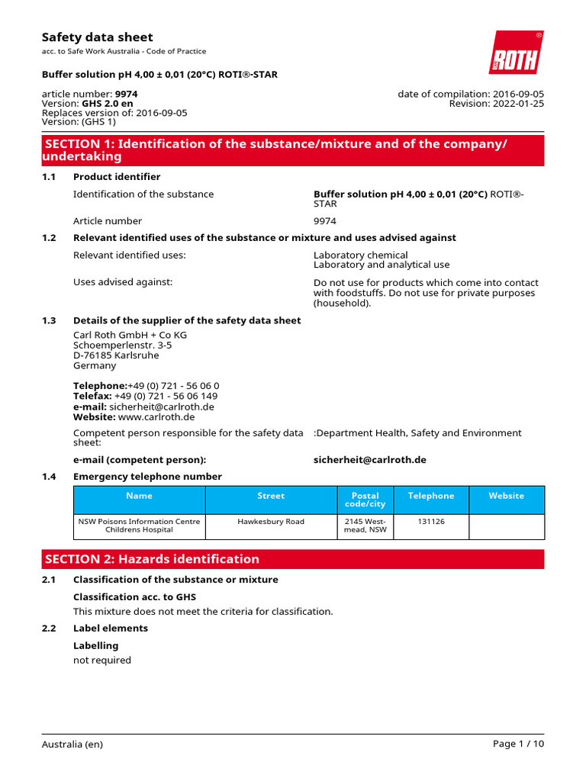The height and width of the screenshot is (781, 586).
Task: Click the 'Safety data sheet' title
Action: point(97,37)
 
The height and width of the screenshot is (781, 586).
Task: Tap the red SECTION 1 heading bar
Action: point(292,150)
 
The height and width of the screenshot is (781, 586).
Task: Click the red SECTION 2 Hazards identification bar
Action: point(292,559)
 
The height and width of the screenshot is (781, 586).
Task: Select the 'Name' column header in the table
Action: point(139,496)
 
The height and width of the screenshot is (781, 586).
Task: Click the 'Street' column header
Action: point(271,496)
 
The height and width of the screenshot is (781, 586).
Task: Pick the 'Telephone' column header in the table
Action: point(430,496)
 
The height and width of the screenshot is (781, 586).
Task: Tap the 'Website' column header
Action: point(506,496)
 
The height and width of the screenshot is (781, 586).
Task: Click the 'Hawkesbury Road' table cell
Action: point(271,522)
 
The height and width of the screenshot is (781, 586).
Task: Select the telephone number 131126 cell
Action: point(430,522)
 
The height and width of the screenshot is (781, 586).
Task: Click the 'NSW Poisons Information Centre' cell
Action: point(139,522)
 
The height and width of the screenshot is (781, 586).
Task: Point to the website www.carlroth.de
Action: point(156,417)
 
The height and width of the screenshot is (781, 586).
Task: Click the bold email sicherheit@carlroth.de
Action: point(369,460)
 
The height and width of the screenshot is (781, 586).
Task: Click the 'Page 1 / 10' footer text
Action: point(518,744)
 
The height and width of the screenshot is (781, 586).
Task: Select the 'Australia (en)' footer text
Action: point(72,744)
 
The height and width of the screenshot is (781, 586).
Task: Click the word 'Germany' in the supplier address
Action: point(95,365)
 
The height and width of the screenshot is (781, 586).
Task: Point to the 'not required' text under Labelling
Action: point(101,660)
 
